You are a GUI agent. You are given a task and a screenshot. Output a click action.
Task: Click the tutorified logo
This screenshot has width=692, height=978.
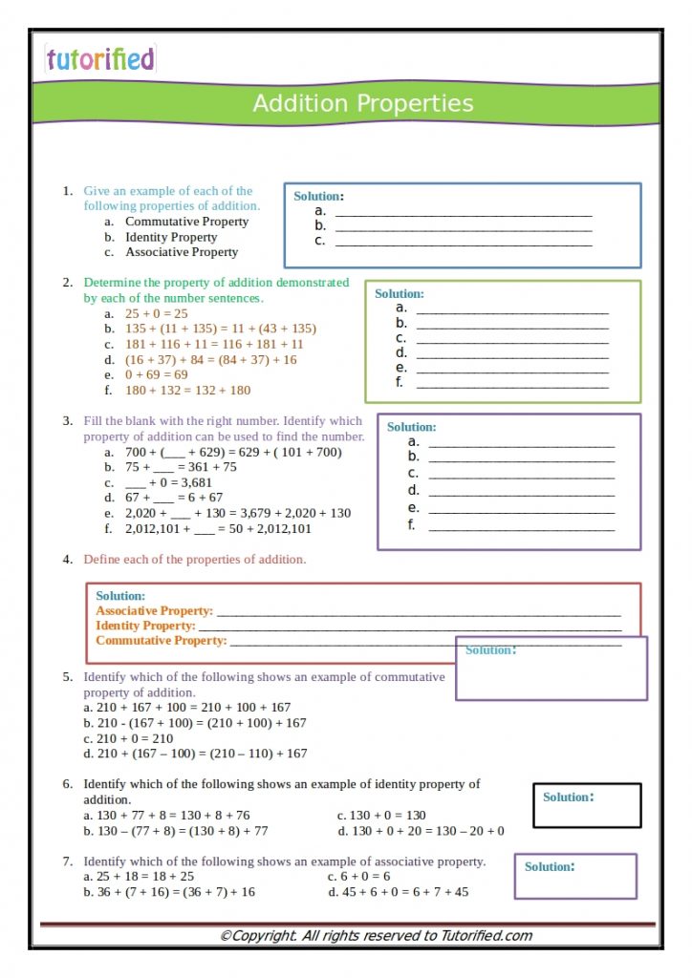point(99,59)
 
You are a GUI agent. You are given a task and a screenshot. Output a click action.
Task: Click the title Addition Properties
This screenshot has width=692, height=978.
point(362,103)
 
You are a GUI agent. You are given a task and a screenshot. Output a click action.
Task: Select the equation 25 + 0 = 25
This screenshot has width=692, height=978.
point(156,313)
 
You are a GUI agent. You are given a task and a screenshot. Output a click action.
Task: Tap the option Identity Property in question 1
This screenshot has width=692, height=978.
point(171,237)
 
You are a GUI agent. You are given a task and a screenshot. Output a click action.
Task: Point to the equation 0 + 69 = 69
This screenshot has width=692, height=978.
point(156,374)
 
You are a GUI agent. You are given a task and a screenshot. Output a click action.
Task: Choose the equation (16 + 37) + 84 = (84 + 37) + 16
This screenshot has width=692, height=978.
point(210,359)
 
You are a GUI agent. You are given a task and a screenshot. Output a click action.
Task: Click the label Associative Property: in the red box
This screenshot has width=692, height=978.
point(154,610)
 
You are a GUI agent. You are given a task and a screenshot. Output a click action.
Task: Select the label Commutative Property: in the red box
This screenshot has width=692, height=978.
point(161,641)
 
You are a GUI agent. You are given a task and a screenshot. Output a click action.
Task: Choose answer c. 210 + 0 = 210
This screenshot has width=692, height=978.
point(128,738)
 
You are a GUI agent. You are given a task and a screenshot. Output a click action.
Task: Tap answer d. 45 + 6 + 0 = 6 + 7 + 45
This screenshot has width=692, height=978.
point(398,892)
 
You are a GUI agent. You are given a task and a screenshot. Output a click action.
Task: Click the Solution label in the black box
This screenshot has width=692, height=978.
point(568,797)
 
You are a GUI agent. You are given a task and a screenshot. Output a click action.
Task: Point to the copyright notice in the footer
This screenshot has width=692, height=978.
point(376,936)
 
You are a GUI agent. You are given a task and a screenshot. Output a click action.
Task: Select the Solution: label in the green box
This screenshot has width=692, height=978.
point(399,294)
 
